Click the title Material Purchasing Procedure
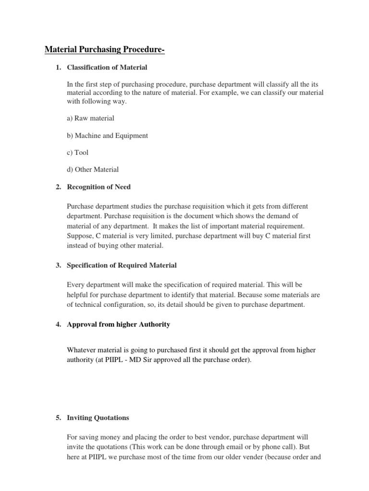(x=104, y=50)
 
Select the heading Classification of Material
(x=107, y=67)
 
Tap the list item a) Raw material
(x=91, y=118)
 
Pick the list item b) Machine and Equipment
(x=107, y=135)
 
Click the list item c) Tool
(x=78, y=152)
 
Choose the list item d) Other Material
(x=93, y=169)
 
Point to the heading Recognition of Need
(x=98, y=187)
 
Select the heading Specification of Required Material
(x=122, y=265)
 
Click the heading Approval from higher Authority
(x=118, y=325)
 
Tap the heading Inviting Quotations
(x=98, y=418)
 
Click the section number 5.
(x=58, y=418)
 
